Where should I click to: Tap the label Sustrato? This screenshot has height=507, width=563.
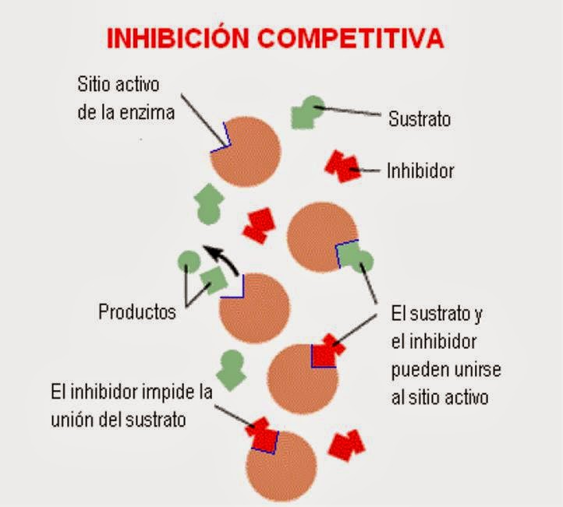[x=420, y=119]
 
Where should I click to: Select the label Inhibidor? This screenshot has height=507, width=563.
[x=420, y=171]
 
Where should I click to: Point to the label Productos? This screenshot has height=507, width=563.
[x=137, y=312]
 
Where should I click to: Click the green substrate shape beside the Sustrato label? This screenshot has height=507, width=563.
[x=306, y=112]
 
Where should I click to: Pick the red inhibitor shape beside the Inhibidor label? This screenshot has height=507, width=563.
[x=342, y=166]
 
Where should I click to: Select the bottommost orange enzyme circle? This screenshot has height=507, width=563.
[x=282, y=465]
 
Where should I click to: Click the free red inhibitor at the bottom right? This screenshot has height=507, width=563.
[x=345, y=445]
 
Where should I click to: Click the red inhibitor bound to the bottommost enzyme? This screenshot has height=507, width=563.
[x=264, y=434]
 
